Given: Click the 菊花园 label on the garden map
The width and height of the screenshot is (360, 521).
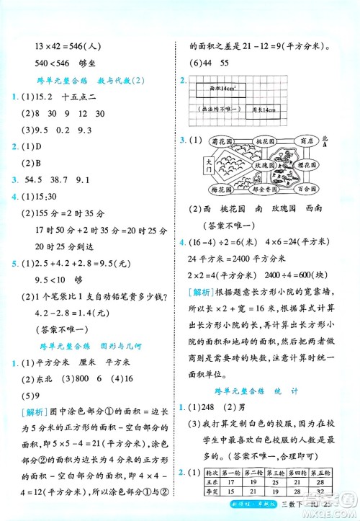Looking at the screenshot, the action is (222, 141).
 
